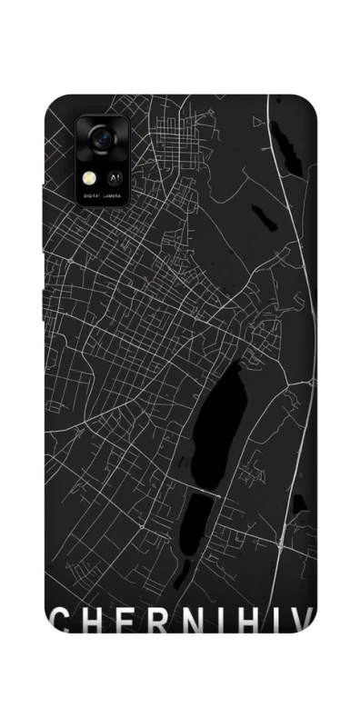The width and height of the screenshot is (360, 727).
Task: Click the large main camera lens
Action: tap(100, 139)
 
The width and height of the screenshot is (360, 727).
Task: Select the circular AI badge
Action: tap(116, 178)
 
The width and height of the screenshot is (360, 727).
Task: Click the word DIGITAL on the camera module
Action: tap(93, 195)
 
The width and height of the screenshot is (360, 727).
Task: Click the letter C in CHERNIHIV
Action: tap(57, 621)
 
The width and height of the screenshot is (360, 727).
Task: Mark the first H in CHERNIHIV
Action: tap(89, 621)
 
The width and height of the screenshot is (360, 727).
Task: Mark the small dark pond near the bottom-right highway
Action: tap(296, 503)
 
